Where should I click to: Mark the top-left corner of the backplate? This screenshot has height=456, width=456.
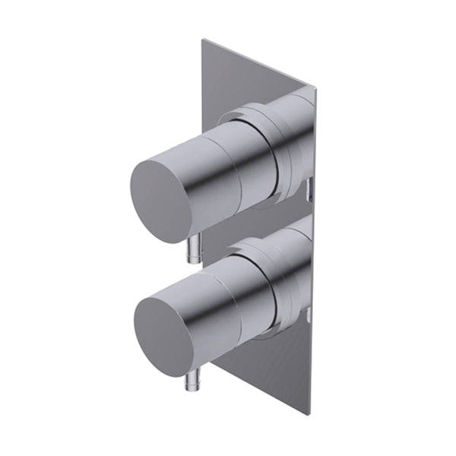pyautogui.click(x=203, y=40)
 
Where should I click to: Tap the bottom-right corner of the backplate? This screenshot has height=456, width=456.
pyautogui.click(x=310, y=414)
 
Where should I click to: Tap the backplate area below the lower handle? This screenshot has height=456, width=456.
pyautogui.click(x=266, y=372)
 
